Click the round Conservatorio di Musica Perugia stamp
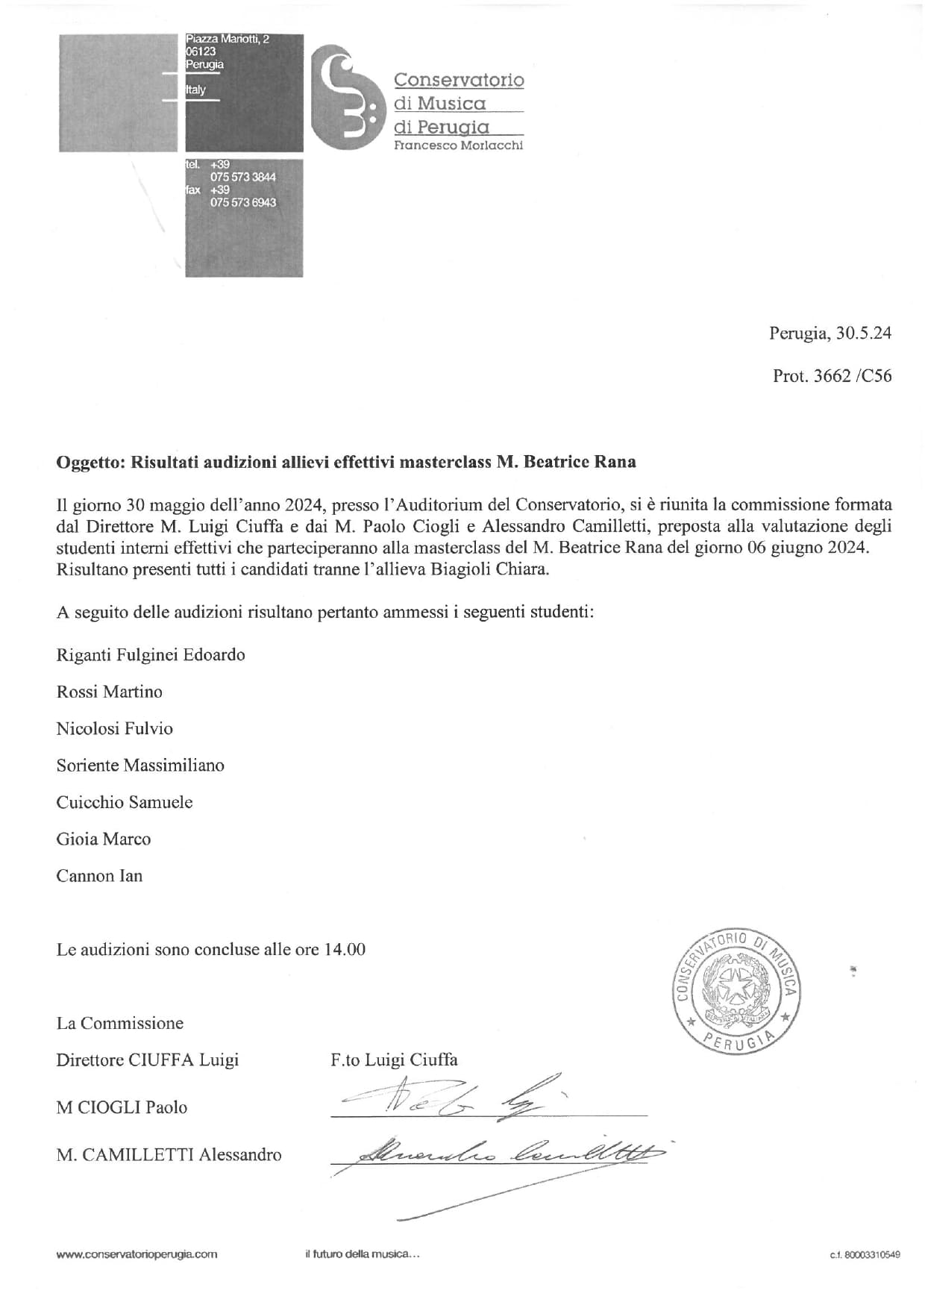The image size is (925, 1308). [x=737, y=992]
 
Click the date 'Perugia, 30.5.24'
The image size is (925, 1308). [x=830, y=334]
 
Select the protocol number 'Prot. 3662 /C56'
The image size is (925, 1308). [x=832, y=376]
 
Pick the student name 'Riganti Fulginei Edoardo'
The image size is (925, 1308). [x=151, y=655]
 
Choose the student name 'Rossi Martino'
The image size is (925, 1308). [x=109, y=692]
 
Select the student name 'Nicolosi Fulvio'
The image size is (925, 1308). [x=114, y=728]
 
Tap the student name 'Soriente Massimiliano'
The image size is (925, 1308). [x=140, y=766]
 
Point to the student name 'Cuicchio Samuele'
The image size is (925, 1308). [x=125, y=802]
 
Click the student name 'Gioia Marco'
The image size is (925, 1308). [x=104, y=839]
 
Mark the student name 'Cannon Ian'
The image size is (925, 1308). [x=99, y=876]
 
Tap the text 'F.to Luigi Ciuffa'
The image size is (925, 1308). [x=394, y=1060]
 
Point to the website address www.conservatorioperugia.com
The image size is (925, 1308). [x=137, y=1254]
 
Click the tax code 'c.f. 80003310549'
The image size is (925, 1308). [x=864, y=1255]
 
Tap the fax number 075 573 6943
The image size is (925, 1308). [x=243, y=202]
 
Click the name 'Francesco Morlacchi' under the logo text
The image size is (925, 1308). [x=458, y=145]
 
